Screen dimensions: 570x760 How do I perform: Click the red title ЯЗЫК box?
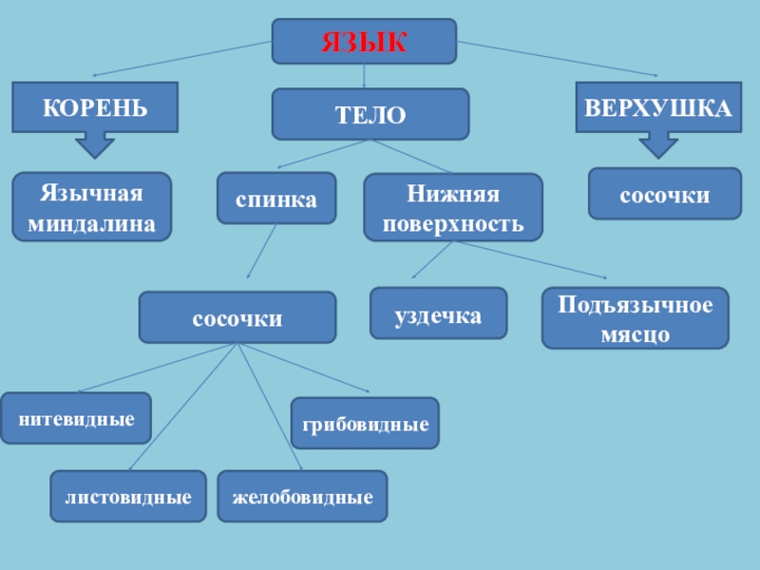tap(364, 42)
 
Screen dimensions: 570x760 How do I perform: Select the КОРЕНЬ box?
tap(94, 106)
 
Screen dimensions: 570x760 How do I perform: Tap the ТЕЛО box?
tap(370, 114)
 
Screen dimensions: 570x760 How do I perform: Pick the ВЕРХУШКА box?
tap(658, 106)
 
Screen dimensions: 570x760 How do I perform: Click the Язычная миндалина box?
tap(91, 206)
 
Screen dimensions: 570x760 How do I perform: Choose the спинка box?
tap(276, 198)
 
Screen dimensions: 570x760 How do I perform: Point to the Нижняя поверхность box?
tap(453, 206)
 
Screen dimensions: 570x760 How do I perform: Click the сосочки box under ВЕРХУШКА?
tap(664, 194)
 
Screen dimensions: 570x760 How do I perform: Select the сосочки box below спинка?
tap(237, 317)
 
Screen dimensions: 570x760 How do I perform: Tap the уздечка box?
tap(438, 313)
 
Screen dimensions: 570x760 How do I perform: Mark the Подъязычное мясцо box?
tap(635, 318)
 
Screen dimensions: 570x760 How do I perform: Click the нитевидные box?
tap(76, 418)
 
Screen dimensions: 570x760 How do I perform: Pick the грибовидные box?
tap(365, 424)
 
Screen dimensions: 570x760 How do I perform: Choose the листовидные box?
tap(128, 496)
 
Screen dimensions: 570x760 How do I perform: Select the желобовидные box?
tap(302, 496)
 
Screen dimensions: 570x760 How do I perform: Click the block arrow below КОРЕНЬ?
tap(94, 144)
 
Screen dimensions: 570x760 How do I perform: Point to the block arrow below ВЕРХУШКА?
tap(658, 144)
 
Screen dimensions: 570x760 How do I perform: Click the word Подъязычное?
tap(635, 306)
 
